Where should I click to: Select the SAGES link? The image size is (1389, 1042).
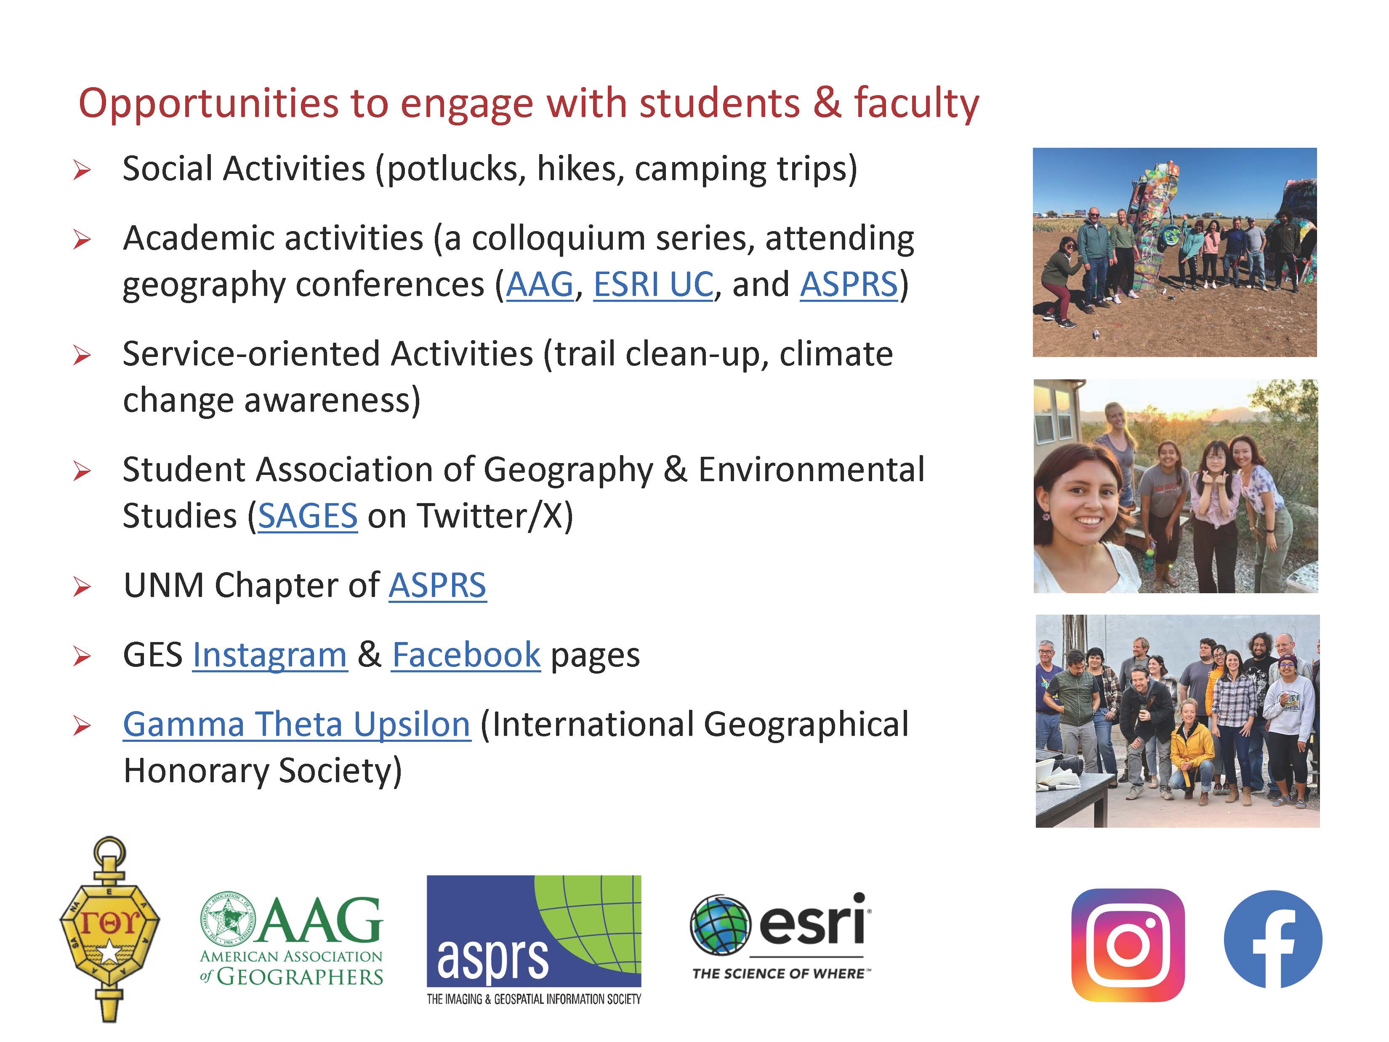[x=308, y=516]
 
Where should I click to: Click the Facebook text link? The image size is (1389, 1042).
[x=466, y=655]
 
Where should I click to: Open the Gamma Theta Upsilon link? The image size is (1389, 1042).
[x=296, y=724]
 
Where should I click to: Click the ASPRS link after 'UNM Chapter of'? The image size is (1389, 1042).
[x=437, y=585]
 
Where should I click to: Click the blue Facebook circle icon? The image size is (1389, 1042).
[x=1273, y=940]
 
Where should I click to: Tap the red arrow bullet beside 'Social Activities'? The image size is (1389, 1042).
[x=82, y=170]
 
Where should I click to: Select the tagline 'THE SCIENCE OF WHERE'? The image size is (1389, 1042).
[x=781, y=973]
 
